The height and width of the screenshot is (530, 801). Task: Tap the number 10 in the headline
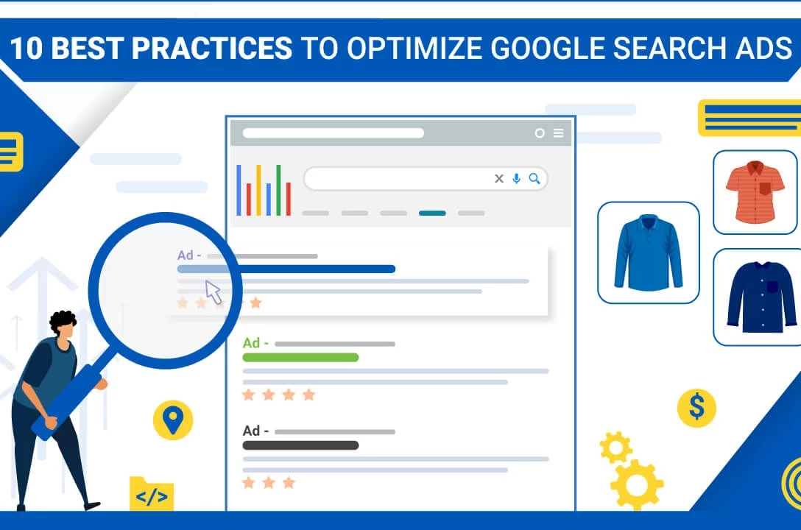[x=26, y=49]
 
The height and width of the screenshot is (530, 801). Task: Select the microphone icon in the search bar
[x=517, y=178]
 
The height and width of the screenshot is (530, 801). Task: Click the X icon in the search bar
[x=499, y=178]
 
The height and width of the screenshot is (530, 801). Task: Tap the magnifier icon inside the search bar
[x=534, y=178]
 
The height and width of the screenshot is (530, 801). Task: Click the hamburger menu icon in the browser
[x=558, y=132]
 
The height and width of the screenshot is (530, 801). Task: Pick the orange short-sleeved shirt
[x=755, y=192]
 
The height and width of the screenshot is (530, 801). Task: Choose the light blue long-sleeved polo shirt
[x=649, y=252]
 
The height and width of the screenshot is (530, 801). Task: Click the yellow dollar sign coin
[x=696, y=408]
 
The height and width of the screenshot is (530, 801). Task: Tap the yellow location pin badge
[x=173, y=420]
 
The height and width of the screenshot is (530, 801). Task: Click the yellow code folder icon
[x=152, y=493]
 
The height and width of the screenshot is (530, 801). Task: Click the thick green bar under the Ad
[x=300, y=358]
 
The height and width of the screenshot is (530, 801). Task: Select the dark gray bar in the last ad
[x=300, y=445]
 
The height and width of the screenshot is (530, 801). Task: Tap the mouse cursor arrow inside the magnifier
[x=213, y=292]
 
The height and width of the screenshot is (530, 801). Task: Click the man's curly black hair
[x=63, y=322]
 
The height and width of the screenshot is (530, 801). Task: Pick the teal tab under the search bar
[x=432, y=213]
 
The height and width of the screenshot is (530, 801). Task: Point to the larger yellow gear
[x=637, y=484]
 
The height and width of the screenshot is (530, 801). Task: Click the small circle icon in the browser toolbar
[x=540, y=133]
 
